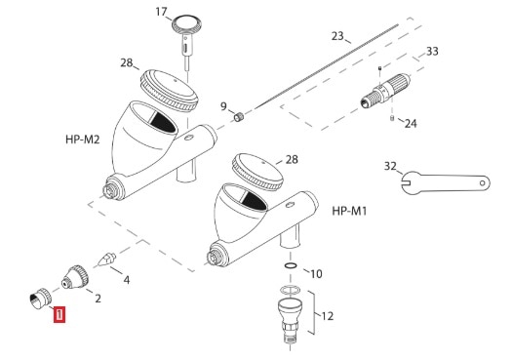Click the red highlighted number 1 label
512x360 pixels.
(59, 314)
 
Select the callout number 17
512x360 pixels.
(161, 12)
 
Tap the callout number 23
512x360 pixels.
(337, 36)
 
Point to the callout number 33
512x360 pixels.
(432, 52)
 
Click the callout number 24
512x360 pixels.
(411, 124)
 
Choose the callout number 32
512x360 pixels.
(390, 166)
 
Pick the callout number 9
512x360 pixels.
(223, 106)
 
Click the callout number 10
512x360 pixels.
(316, 274)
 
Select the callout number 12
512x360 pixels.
(328, 316)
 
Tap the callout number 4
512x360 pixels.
(127, 280)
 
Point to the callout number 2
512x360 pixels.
(98, 299)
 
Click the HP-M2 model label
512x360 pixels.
(82, 140)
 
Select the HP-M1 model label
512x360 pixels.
(349, 211)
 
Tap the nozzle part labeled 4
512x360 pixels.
(107, 260)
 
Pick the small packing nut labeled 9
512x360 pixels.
(239, 117)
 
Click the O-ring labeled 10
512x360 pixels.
(291, 266)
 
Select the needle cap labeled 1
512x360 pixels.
(41, 299)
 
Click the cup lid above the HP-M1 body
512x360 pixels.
(257, 172)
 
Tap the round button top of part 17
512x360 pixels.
(186, 23)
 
